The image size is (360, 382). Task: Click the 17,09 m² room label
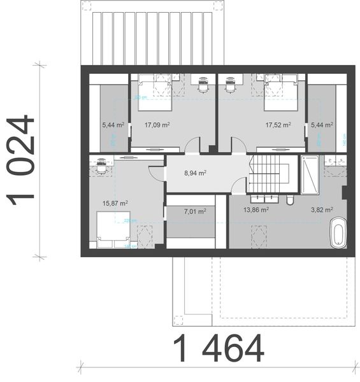pyautogui.click(x=157, y=125)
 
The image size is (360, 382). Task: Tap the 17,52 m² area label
pyautogui.click(x=278, y=125)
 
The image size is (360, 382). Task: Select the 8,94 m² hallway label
pyautogui.click(x=195, y=172)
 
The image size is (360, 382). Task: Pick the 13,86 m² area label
pyautogui.click(x=256, y=209)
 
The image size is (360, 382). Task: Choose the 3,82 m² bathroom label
pyautogui.click(x=320, y=209)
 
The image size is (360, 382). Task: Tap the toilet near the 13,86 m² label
pyautogui.click(x=290, y=201)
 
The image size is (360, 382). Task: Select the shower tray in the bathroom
pyautogui.click(x=312, y=175)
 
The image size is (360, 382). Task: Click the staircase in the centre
pyautogui.click(x=272, y=174)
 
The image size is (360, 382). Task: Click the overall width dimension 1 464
pyautogui.click(x=218, y=348)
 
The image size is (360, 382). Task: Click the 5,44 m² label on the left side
pyautogui.click(x=113, y=125)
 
